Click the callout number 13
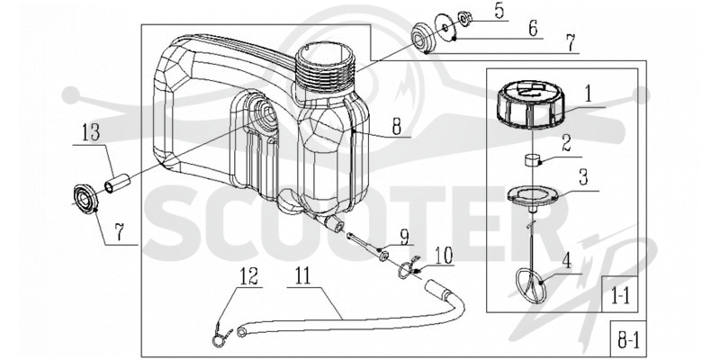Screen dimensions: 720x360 (91, 134)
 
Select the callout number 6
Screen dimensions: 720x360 (533, 29)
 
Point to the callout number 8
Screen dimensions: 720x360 (396, 127)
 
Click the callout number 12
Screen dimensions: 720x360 (248, 277)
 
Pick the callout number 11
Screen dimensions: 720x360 (302, 277)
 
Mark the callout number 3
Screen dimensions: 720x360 (583, 178)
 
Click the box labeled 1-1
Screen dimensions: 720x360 (619, 294)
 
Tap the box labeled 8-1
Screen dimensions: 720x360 (627, 339)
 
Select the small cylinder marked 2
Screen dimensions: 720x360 (531, 162)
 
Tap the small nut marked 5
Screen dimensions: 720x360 (465, 19)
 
